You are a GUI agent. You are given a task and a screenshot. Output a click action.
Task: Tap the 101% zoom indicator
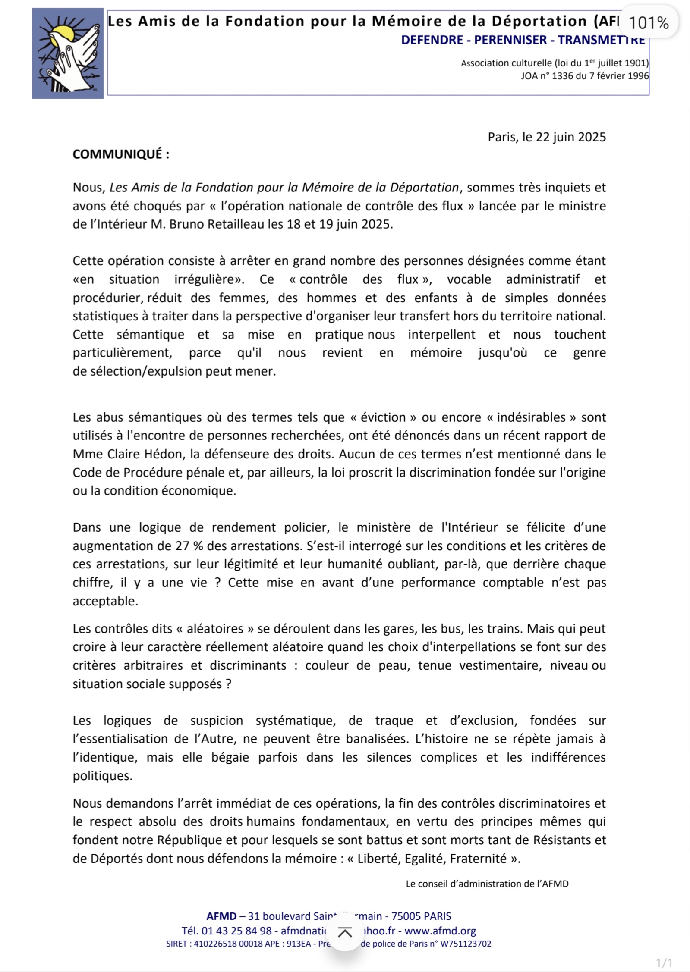pos(648,23)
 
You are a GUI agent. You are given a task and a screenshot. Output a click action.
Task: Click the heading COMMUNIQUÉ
pos(120,154)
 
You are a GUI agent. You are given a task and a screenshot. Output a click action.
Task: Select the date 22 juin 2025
pos(570,137)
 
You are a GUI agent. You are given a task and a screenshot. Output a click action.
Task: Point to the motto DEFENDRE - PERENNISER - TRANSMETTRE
pos(523,40)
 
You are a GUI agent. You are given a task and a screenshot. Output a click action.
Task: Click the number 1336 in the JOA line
pos(563,76)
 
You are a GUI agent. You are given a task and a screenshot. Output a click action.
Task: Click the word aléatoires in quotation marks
pos(215,629)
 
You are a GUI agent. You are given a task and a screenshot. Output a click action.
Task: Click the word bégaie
pos(230,757)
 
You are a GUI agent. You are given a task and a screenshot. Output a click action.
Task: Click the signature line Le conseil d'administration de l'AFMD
pos(487,884)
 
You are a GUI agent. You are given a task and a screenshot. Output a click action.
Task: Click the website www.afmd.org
pos(440,931)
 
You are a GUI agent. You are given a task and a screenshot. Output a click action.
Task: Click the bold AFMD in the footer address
pos(221,916)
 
